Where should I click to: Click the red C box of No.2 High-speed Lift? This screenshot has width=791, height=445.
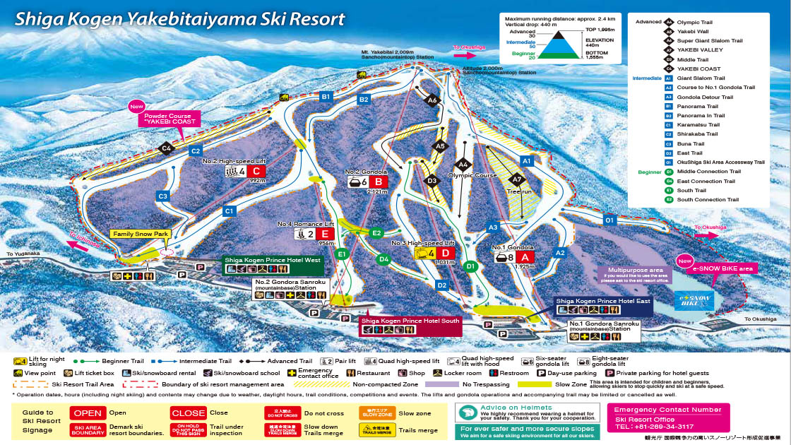256,171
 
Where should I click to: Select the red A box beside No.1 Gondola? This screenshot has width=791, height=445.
524,257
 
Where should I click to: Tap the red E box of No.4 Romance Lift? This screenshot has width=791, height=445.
325,234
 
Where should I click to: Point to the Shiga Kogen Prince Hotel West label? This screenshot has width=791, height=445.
273,260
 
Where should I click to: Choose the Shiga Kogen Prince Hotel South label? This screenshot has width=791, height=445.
411,321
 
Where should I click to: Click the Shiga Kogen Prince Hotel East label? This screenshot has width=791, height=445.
603,301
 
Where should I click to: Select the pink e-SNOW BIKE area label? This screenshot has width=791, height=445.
723,268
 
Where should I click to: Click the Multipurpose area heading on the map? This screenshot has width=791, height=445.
631,269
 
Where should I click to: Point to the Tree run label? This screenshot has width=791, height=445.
518,191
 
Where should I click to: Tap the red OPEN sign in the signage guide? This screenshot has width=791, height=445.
88,413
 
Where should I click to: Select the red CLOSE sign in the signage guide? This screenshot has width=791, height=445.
188,413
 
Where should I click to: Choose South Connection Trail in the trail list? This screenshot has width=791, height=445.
708,200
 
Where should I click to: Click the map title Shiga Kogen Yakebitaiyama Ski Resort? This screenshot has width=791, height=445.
180,18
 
